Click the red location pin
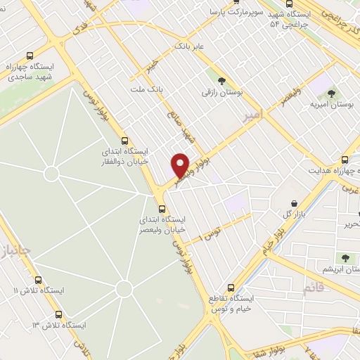pos(181,165)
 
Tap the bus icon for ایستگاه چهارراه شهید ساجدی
pos(29,56)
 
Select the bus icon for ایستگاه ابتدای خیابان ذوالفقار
pos(124,140)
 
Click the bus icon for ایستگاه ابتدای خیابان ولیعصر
pos(162,209)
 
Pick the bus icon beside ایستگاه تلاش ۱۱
pos(38,279)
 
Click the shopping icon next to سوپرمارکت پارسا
pos(214,13)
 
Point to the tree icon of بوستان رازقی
pos(222,82)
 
